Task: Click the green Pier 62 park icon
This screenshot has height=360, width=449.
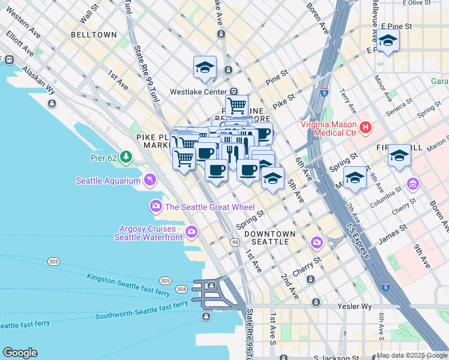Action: click(x=125, y=158)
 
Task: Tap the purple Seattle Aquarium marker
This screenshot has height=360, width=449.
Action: click(x=149, y=180)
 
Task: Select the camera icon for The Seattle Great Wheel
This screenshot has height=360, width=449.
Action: click(x=156, y=207)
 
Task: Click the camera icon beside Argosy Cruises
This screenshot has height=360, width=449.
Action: click(x=191, y=231)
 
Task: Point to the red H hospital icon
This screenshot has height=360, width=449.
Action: click(x=365, y=127)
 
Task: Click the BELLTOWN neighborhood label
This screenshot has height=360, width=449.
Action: click(x=94, y=35)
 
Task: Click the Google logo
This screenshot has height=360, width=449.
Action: click(x=20, y=353)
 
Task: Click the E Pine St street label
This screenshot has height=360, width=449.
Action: click(x=396, y=27)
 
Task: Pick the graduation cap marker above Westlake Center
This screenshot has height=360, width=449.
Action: click(x=205, y=67)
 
